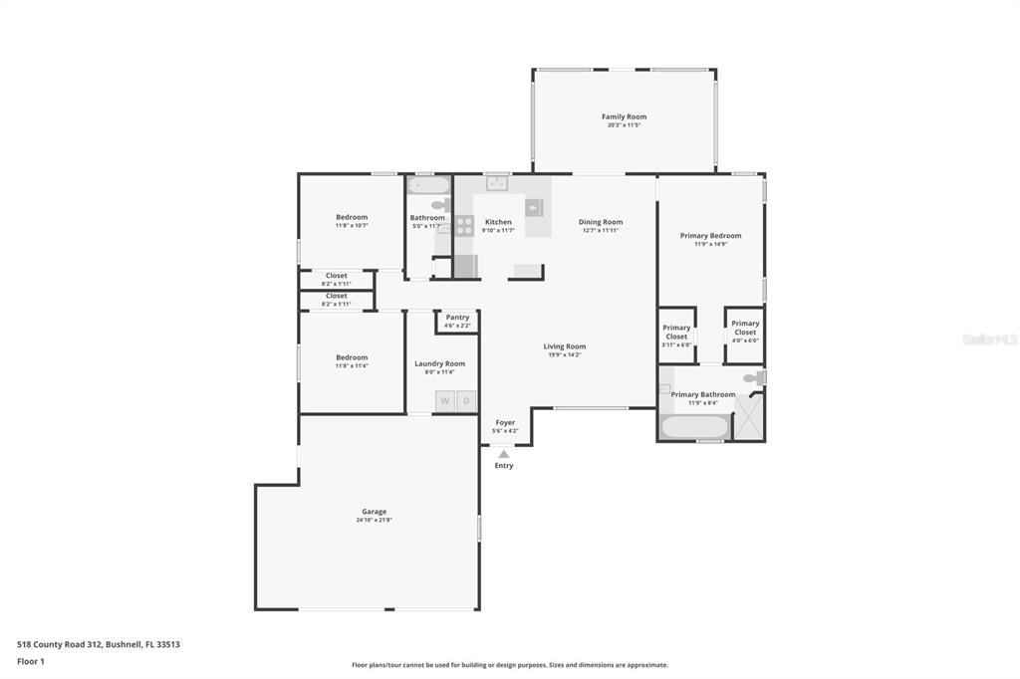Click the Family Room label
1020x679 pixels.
tap(624, 116)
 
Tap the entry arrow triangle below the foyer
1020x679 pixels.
tap(504, 454)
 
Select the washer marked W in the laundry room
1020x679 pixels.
tap(445, 401)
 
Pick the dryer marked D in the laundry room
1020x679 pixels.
tap(466, 401)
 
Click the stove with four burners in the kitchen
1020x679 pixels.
tap(464, 225)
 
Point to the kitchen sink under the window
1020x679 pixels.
tap(497, 184)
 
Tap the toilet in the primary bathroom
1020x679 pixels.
tap(758, 378)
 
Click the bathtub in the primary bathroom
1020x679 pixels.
tap(694, 427)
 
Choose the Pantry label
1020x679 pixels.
tap(457, 318)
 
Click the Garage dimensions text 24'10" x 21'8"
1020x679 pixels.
tap(375, 520)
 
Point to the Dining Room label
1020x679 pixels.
tap(601, 222)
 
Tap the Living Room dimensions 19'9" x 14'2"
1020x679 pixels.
tap(564, 354)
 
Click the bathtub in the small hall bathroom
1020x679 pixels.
tap(429, 185)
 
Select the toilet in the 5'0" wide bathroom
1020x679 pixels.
tap(439, 205)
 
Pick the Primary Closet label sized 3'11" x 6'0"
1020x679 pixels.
tap(676, 332)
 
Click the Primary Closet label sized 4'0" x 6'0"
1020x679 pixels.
tap(745, 328)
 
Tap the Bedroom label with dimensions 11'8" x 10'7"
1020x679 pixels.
tap(352, 217)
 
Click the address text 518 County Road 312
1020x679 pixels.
tap(99, 644)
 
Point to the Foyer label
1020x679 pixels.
tap(506, 422)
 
